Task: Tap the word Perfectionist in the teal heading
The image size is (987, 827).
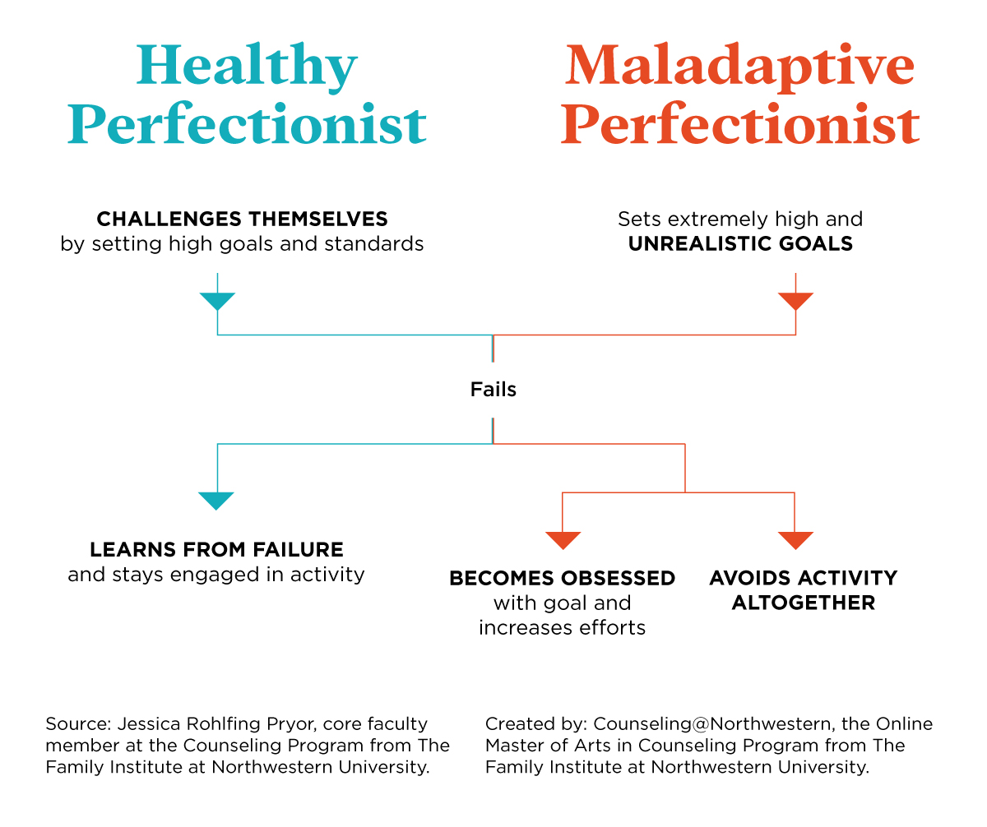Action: (x=247, y=126)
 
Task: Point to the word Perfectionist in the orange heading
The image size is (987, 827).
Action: (x=739, y=126)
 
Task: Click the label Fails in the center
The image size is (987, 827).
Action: (x=493, y=389)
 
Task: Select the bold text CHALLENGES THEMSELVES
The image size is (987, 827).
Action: (x=242, y=219)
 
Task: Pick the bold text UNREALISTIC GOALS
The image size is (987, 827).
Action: (x=740, y=244)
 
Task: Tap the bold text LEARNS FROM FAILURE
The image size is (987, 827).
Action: (x=216, y=549)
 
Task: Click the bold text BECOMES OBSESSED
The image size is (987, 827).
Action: (x=562, y=578)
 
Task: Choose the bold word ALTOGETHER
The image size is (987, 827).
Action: (x=803, y=603)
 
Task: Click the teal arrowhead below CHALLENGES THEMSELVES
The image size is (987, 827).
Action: (x=217, y=301)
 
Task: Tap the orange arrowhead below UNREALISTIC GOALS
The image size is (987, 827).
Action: (x=795, y=301)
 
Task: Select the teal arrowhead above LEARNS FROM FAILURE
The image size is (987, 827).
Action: (x=216, y=501)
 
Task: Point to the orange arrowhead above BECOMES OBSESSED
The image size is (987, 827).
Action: (x=563, y=540)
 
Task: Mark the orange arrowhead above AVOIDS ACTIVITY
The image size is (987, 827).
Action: (x=795, y=540)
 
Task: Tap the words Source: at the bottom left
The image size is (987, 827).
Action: (x=78, y=724)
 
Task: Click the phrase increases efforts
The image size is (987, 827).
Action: (x=562, y=628)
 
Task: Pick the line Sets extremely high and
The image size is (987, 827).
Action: (x=740, y=219)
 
